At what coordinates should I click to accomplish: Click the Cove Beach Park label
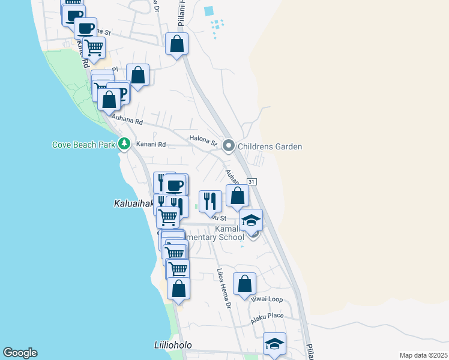point(84,144)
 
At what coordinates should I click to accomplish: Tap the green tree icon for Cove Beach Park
point(124,143)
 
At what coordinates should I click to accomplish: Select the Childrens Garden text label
point(270,146)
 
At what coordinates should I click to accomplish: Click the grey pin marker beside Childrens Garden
point(229,146)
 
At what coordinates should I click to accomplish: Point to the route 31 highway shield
point(252,182)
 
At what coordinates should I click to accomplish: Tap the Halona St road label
point(202,141)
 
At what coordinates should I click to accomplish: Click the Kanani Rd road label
point(151,144)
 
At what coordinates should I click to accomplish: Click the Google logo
point(20,353)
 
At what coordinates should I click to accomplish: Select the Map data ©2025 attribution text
point(423,355)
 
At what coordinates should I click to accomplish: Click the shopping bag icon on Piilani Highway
point(176,44)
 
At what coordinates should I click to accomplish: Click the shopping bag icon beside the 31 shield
point(238,196)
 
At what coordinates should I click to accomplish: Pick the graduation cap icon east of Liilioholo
point(274,344)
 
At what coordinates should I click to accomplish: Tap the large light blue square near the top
point(209,11)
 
